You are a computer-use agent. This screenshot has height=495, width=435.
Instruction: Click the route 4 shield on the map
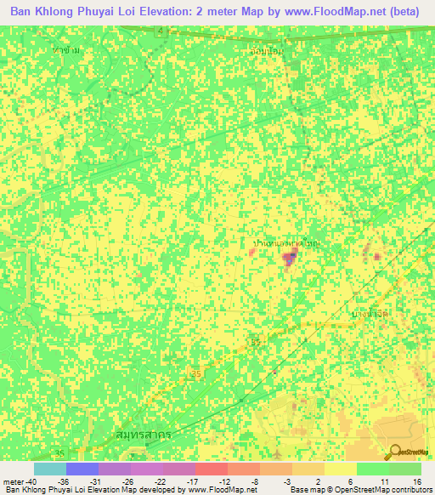pos(159,31)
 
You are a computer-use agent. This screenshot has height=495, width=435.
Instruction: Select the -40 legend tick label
pos(32,481)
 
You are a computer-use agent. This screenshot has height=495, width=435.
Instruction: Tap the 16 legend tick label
pos(416,481)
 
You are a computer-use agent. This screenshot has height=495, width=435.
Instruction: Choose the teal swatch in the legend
pos(50,469)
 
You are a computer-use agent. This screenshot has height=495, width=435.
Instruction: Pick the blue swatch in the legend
pos(82,469)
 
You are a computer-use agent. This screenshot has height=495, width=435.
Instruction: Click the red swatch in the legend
pos(212,469)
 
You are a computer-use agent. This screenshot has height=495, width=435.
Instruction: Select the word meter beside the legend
pos(13,481)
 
